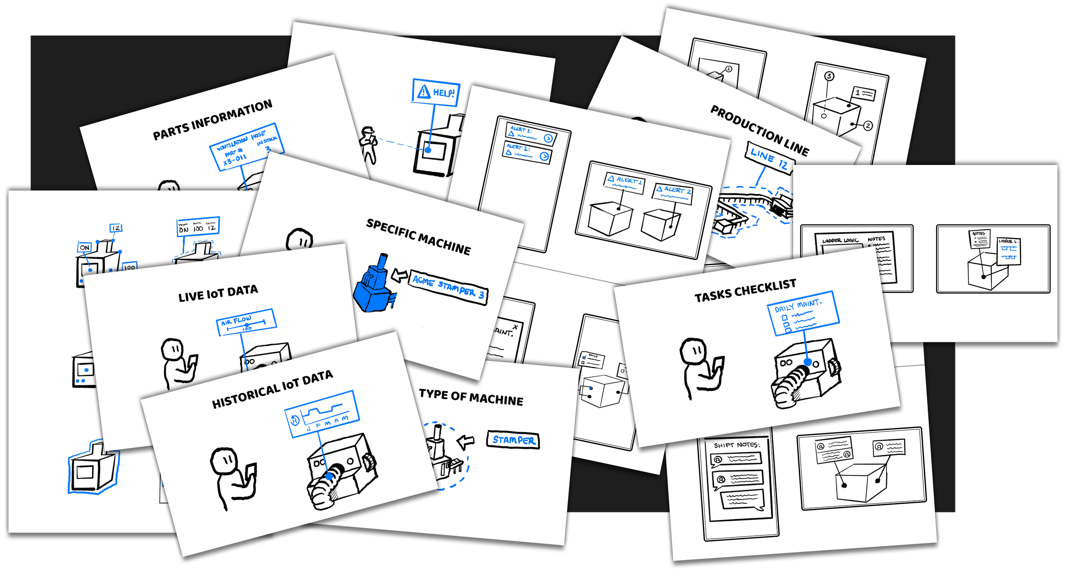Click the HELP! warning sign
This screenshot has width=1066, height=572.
click(x=436, y=92)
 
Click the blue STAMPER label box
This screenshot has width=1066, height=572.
click(x=513, y=440)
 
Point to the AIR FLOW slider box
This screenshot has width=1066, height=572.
click(x=246, y=322)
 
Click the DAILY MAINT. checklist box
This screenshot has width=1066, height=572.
click(x=802, y=313)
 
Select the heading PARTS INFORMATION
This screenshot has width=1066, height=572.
click(x=212, y=120)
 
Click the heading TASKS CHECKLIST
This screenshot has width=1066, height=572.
click(x=745, y=290)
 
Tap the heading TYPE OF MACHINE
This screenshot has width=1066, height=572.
click(x=471, y=397)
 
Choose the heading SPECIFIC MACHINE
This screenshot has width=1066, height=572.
click(x=418, y=237)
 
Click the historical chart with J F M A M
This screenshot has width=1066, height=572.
click(x=322, y=414)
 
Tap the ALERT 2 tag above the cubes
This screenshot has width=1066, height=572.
click(x=672, y=193)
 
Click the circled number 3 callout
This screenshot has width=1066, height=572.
click(x=829, y=76)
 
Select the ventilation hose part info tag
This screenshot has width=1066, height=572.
click(x=246, y=147)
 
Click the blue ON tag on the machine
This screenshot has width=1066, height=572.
click(x=84, y=247)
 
